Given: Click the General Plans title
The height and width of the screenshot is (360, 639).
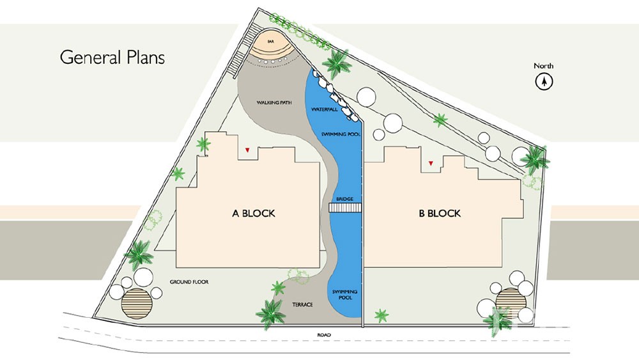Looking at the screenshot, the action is [112, 57].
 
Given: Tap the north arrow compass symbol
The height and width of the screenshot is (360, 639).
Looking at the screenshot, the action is [544, 82].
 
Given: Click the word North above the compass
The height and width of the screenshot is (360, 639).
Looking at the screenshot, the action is [544, 66].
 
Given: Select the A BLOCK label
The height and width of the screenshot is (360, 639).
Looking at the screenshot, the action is [254, 213].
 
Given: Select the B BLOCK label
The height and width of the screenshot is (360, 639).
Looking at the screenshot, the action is [440, 213].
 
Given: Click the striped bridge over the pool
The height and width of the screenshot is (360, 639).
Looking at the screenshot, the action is [345, 208].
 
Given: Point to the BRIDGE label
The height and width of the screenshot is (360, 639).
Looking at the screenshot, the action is [345, 199].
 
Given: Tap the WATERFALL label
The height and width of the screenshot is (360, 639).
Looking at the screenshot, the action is [325, 109].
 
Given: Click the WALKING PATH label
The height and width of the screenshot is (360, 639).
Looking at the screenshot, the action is [274, 103].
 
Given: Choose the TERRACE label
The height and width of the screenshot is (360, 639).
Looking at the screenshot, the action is [302, 304].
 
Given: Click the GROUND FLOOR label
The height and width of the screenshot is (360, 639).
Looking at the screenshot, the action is [189, 282].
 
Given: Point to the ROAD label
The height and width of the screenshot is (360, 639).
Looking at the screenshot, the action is [324, 335].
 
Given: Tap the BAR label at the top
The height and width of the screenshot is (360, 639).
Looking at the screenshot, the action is [270, 42].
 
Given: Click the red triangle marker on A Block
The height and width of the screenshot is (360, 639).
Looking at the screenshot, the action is [247, 150].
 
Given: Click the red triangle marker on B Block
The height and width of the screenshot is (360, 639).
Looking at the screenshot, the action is [431, 164].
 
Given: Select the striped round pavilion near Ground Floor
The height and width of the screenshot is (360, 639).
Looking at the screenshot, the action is [137, 304].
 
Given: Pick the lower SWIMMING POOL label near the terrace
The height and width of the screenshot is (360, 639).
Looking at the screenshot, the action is [345, 295].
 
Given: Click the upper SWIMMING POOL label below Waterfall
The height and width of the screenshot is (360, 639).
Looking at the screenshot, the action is [341, 134].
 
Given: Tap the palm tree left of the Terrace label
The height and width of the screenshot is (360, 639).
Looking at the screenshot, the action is [270, 315].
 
